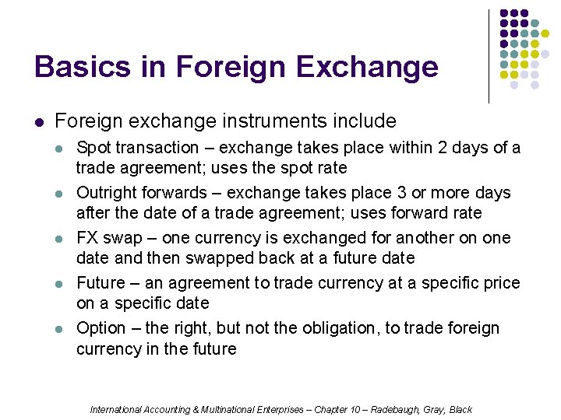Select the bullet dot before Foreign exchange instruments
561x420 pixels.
coord(40,122)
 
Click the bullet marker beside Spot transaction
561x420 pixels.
coord(62,148)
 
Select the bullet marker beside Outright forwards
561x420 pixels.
coord(62,193)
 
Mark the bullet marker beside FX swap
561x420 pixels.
coord(62,238)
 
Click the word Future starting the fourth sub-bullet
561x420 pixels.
coord(100,283)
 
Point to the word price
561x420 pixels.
coord(500,283)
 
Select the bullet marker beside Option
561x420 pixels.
coord(62,328)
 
